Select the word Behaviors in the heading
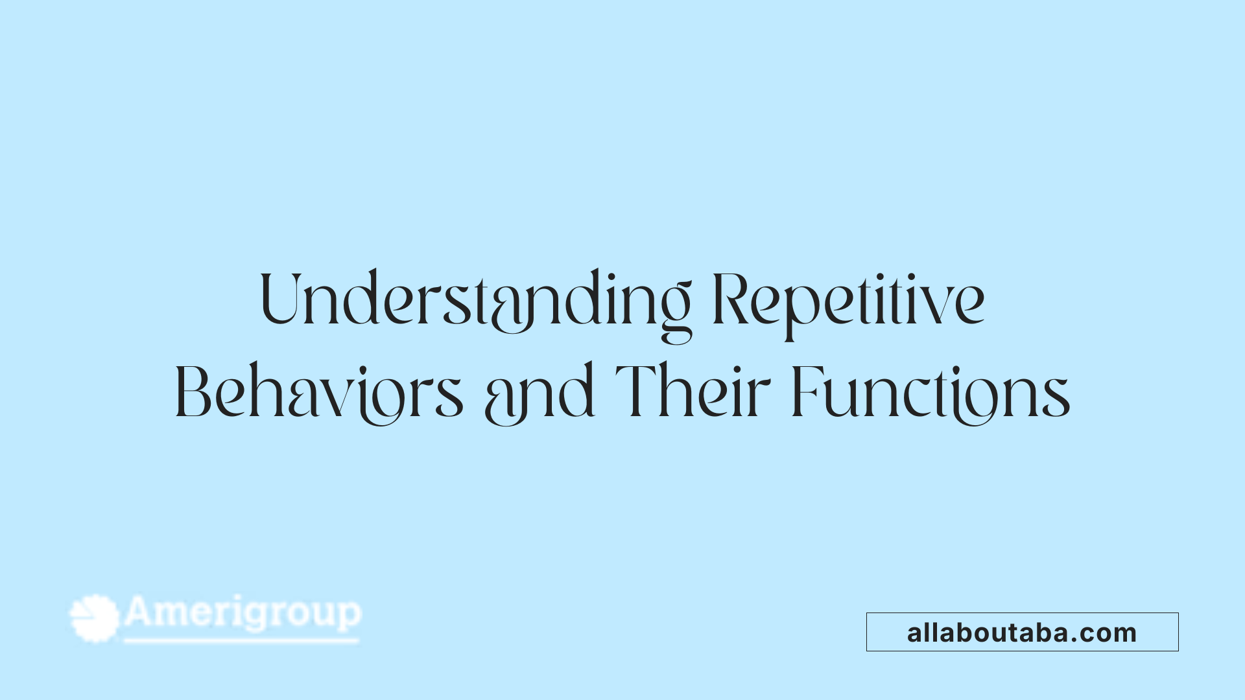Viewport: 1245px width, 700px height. click(x=319, y=393)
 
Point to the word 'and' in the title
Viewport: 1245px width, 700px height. click(x=539, y=393)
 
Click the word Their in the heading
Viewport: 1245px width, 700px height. click(x=692, y=391)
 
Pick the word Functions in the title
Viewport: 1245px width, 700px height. click(x=931, y=393)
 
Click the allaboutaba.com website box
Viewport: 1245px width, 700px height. click(x=1022, y=632)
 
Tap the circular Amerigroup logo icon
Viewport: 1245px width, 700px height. click(x=95, y=618)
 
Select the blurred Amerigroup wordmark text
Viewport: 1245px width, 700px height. click(x=243, y=613)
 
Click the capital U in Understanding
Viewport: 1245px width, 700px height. click(x=280, y=298)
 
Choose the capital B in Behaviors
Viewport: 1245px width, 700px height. click(x=193, y=391)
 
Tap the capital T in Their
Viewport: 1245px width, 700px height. click(x=634, y=391)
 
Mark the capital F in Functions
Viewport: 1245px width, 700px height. click(x=805, y=391)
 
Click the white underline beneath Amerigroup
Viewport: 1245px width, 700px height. click(x=241, y=641)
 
